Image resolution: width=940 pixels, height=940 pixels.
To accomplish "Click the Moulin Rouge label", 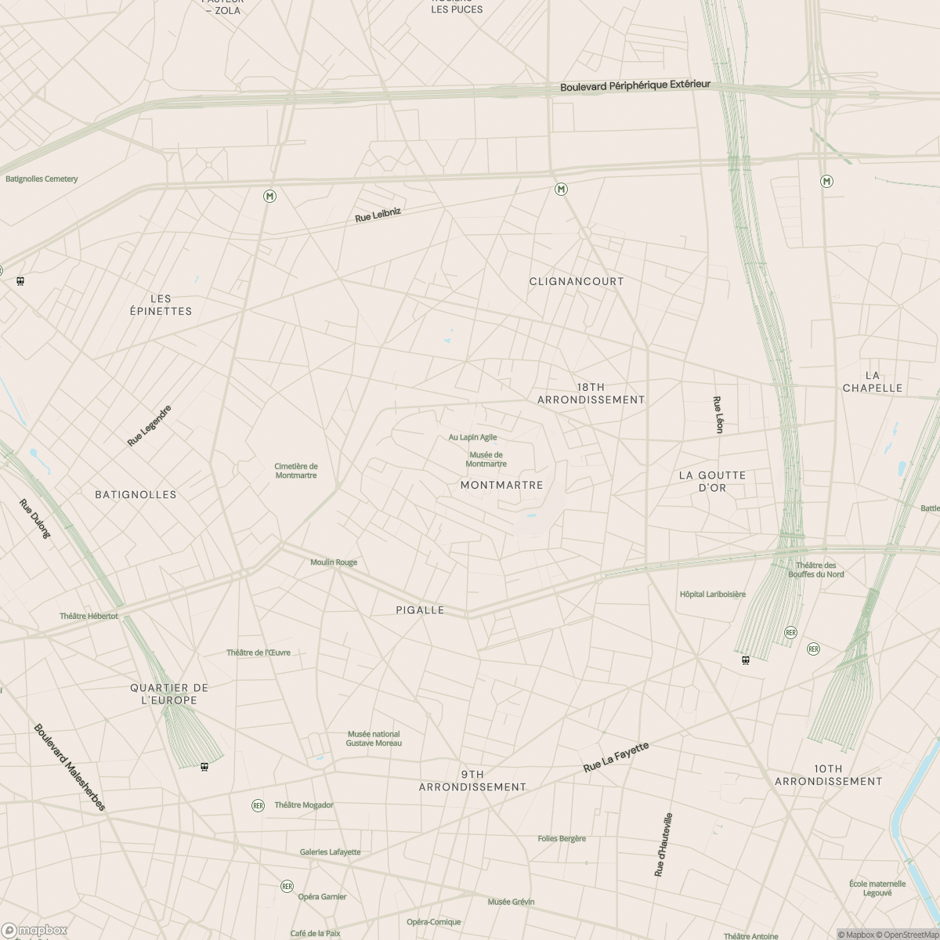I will [334, 562].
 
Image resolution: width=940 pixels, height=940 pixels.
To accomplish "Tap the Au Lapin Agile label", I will [472, 437].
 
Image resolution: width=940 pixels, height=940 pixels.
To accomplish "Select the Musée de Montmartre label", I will [486, 459].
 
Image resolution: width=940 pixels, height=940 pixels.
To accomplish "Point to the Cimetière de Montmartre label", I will [296, 471].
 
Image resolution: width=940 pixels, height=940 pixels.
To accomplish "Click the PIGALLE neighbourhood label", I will [420, 610].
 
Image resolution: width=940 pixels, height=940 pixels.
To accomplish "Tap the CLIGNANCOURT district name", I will [577, 281].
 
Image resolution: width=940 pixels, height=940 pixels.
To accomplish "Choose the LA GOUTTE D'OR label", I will [712, 481].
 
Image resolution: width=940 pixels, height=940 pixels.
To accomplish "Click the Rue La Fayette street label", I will [616, 757].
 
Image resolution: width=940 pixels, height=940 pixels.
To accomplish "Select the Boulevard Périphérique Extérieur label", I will [635, 85].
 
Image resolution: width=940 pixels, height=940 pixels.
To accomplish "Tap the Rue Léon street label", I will [718, 414].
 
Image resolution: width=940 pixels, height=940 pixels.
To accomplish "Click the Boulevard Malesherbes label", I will [69, 767].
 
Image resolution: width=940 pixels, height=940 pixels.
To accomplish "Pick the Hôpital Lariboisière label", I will [713, 595].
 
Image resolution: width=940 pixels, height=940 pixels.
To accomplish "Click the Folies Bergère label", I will [562, 838].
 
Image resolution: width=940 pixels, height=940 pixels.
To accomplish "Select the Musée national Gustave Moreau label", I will [374, 738].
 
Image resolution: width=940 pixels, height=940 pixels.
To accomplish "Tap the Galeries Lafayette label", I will [331, 852].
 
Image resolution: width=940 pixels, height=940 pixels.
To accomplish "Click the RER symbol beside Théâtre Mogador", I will [258, 805].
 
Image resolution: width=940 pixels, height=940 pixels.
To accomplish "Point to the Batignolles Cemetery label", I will [42, 179].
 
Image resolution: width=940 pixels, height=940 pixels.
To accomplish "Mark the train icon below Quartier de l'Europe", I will [204, 766].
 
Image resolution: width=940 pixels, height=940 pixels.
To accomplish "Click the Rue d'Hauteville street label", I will [663, 844].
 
